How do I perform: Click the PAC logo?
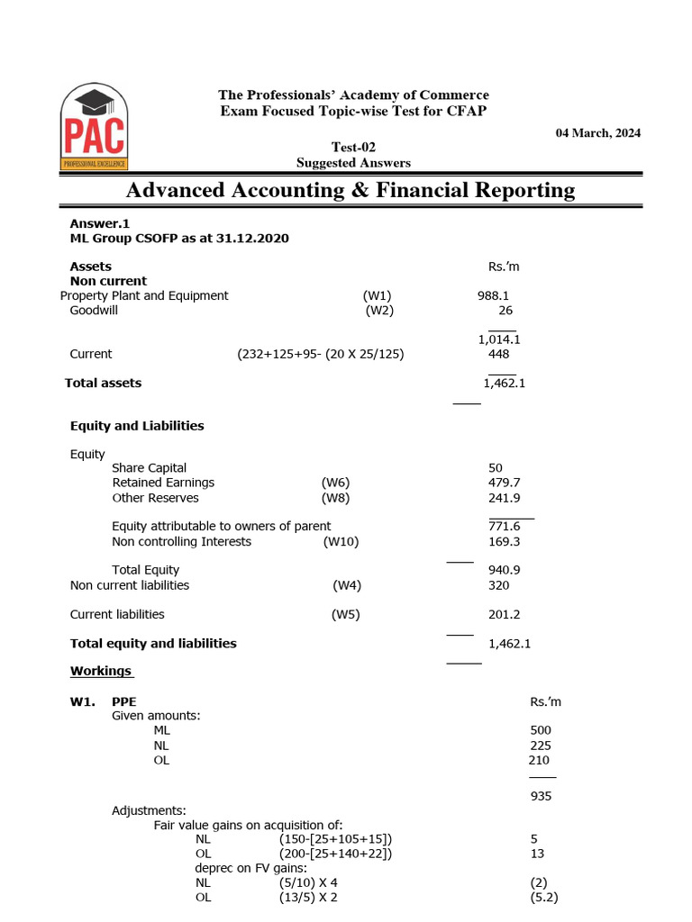(94, 127)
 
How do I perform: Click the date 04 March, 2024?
(597, 133)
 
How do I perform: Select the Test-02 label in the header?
(353, 148)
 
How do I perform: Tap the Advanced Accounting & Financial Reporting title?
(350, 190)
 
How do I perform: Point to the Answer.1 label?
(100, 223)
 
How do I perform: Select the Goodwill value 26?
(505, 311)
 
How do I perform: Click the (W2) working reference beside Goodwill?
(379, 311)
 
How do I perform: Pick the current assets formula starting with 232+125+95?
(320, 354)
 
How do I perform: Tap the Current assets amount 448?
(498, 354)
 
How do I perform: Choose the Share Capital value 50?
(496, 468)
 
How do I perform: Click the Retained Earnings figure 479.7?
(504, 483)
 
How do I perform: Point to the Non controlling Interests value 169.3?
(504, 541)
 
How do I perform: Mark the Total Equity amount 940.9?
(504, 570)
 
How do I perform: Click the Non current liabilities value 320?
(498, 585)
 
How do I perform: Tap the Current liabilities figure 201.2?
(504, 614)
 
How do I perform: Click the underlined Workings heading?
(101, 671)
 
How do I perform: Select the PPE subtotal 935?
(542, 796)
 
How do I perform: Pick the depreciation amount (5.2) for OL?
(545, 898)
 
